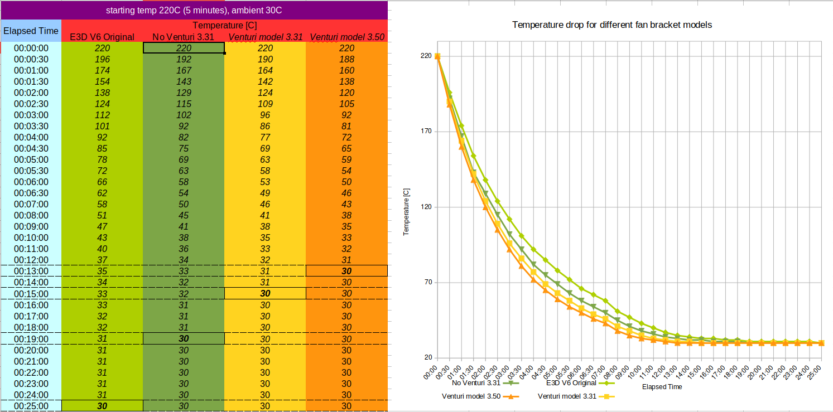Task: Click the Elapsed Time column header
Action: coord(31,31)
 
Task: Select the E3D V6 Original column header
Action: coord(102,37)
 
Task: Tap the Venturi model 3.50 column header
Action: coord(346,37)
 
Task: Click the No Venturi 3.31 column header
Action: coord(184,37)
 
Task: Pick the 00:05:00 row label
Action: coord(31,159)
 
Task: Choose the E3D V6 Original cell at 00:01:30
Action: coord(102,81)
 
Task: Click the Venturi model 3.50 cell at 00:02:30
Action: coord(346,104)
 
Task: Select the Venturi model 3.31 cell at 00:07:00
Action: coord(265,204)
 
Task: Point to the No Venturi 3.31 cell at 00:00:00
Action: coord(184,48)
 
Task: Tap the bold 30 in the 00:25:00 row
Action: coord(102,406)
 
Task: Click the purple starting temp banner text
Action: coord(194,10)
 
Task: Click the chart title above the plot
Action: coord(611,25)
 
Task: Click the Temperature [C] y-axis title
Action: coord(406,211)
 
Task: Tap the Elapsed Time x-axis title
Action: coord(662,386)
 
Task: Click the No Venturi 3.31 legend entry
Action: coord(476,383)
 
